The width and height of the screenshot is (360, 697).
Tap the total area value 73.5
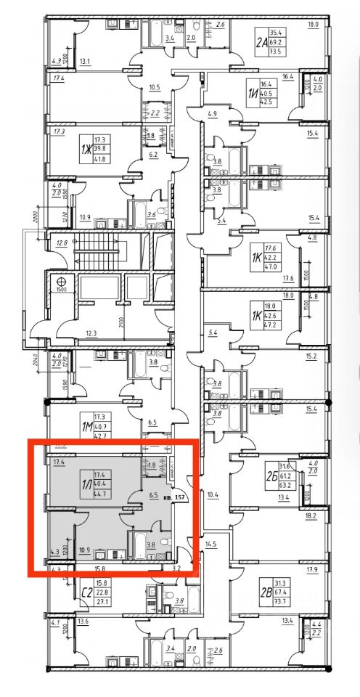point(277,52)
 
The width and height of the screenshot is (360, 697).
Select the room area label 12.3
point(91,333)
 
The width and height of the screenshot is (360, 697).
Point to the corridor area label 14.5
point(210,544)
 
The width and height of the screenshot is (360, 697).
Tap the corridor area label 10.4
point(212,495)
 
